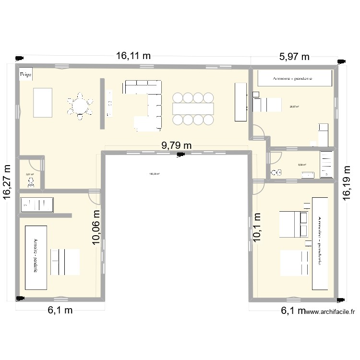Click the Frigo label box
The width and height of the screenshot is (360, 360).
[25, 74]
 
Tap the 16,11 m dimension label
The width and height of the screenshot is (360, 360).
[133, 56]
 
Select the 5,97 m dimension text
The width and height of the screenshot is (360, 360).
[294, 57]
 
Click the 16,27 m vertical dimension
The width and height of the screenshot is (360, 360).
[8, 181]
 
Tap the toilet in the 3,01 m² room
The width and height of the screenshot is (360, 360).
[32, 181]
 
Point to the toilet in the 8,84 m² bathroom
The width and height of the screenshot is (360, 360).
[276, 172]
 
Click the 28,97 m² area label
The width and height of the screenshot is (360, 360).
[294, 107]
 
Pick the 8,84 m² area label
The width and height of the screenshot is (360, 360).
[302, 165]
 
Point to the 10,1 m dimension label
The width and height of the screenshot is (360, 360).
[257, 228]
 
